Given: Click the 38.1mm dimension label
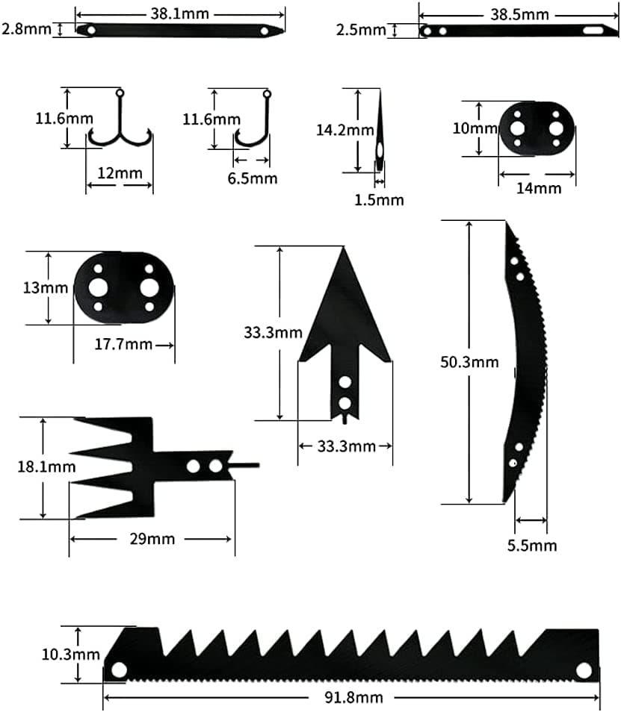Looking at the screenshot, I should (180, 13).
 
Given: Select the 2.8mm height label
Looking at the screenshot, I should (25, 29).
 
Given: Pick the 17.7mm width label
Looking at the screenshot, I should (123, 344).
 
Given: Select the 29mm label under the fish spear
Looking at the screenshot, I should (150, 539).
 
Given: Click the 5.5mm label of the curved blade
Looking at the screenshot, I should (531, 546).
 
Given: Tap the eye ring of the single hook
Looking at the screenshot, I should (267, 94).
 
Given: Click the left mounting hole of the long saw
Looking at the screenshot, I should (117, 669).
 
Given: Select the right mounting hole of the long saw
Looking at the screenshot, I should (584, 669).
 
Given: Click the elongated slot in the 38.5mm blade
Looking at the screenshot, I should (593, 31).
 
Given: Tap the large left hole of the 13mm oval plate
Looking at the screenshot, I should (98, 287).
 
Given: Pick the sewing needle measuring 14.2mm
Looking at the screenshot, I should (379, 134).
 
